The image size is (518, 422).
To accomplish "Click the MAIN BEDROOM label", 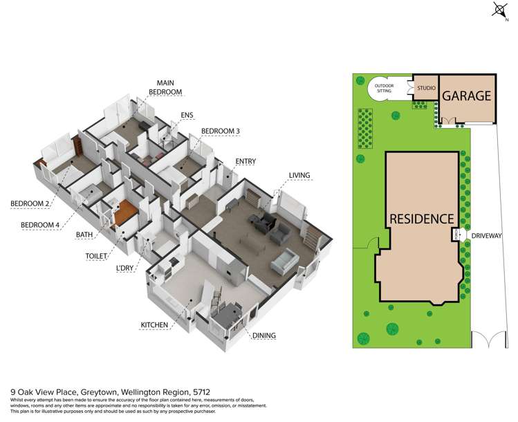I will [169, 86].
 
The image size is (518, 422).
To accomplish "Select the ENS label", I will [187, 115].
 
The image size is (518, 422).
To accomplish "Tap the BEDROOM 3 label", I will [220, 131].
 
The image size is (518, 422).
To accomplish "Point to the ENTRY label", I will [246, 162].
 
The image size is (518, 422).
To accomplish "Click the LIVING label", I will [299, 175].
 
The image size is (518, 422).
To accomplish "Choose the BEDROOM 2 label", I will [32, 203].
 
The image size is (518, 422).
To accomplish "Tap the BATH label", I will [84, 235].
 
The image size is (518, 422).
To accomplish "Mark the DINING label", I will [263, 336].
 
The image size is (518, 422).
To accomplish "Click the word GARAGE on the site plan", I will [466, 96].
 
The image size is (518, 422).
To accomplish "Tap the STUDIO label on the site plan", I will [425, 89].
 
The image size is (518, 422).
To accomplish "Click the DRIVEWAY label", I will [488, 236].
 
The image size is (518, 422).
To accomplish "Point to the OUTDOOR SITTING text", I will [385, 88].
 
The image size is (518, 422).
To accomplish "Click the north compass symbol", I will [499, 9].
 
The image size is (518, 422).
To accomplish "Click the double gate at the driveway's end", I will [490, 340].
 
